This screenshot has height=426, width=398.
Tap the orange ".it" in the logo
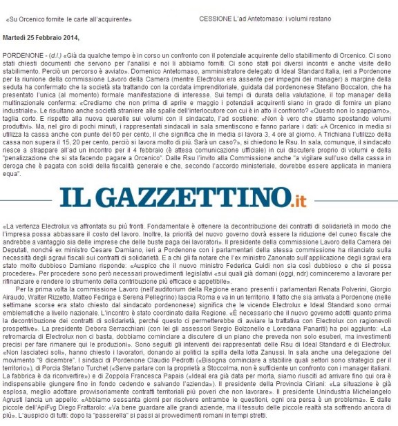coord(296,200)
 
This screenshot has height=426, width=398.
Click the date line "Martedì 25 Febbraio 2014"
coord(41,37)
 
